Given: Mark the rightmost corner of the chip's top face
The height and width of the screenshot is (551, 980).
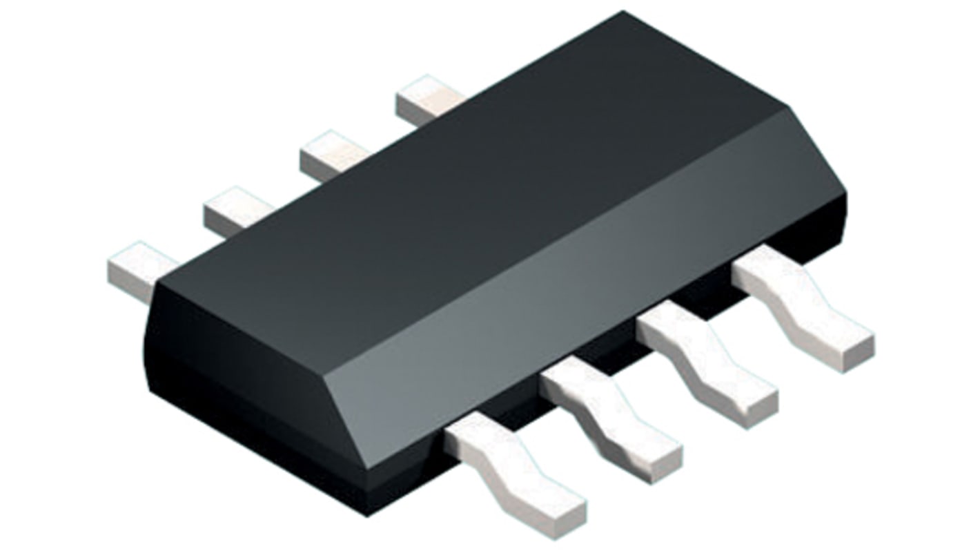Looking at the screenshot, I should click(x=787, y=107).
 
